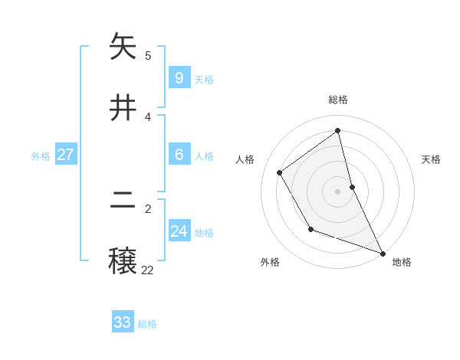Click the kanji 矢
point(123,47)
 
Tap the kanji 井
point(123,108)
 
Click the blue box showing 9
point(179,77)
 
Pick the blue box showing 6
point(179,154)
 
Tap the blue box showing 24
point(179,231)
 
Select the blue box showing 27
point(65,154)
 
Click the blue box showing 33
point(123,322)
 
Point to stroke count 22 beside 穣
point(147,270)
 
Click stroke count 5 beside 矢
point(148,55)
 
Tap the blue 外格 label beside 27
point(41,156)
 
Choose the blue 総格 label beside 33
point(147,325)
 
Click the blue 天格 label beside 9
point(204,80)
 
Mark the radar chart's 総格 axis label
point(338,100)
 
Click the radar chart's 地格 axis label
point(402,262)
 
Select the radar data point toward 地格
point(383,253)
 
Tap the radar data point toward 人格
point(280,172)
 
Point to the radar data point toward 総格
point(338,131)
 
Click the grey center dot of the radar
point(338,191)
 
